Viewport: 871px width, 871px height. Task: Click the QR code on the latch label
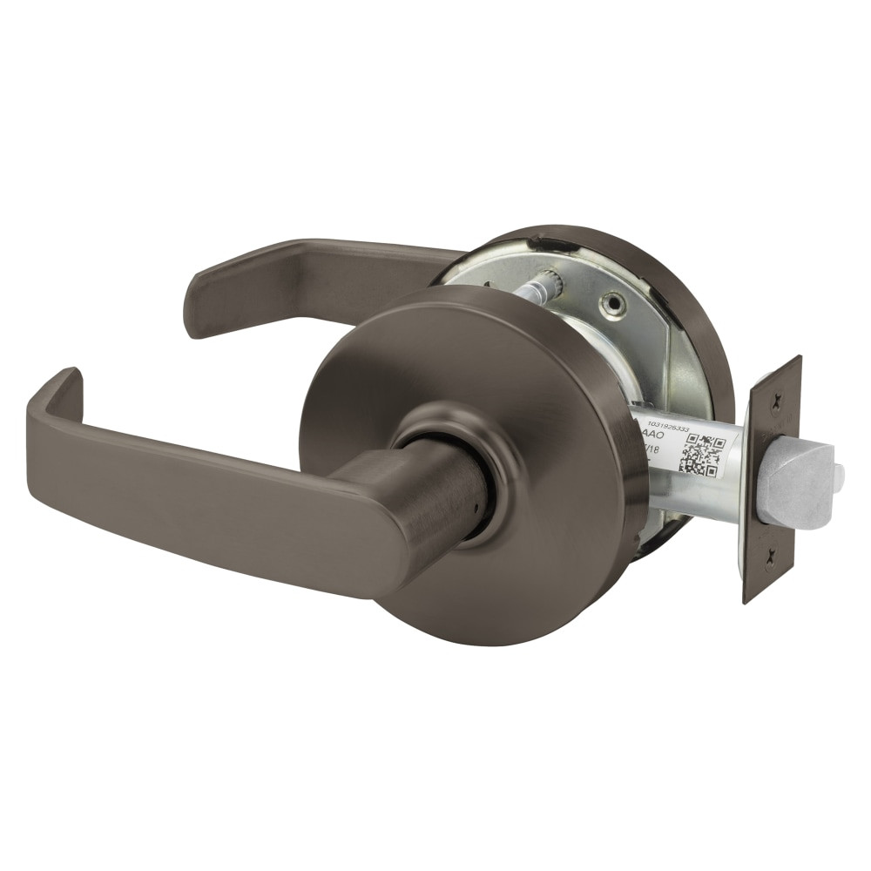701,455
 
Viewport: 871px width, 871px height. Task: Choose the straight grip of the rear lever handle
331,270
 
